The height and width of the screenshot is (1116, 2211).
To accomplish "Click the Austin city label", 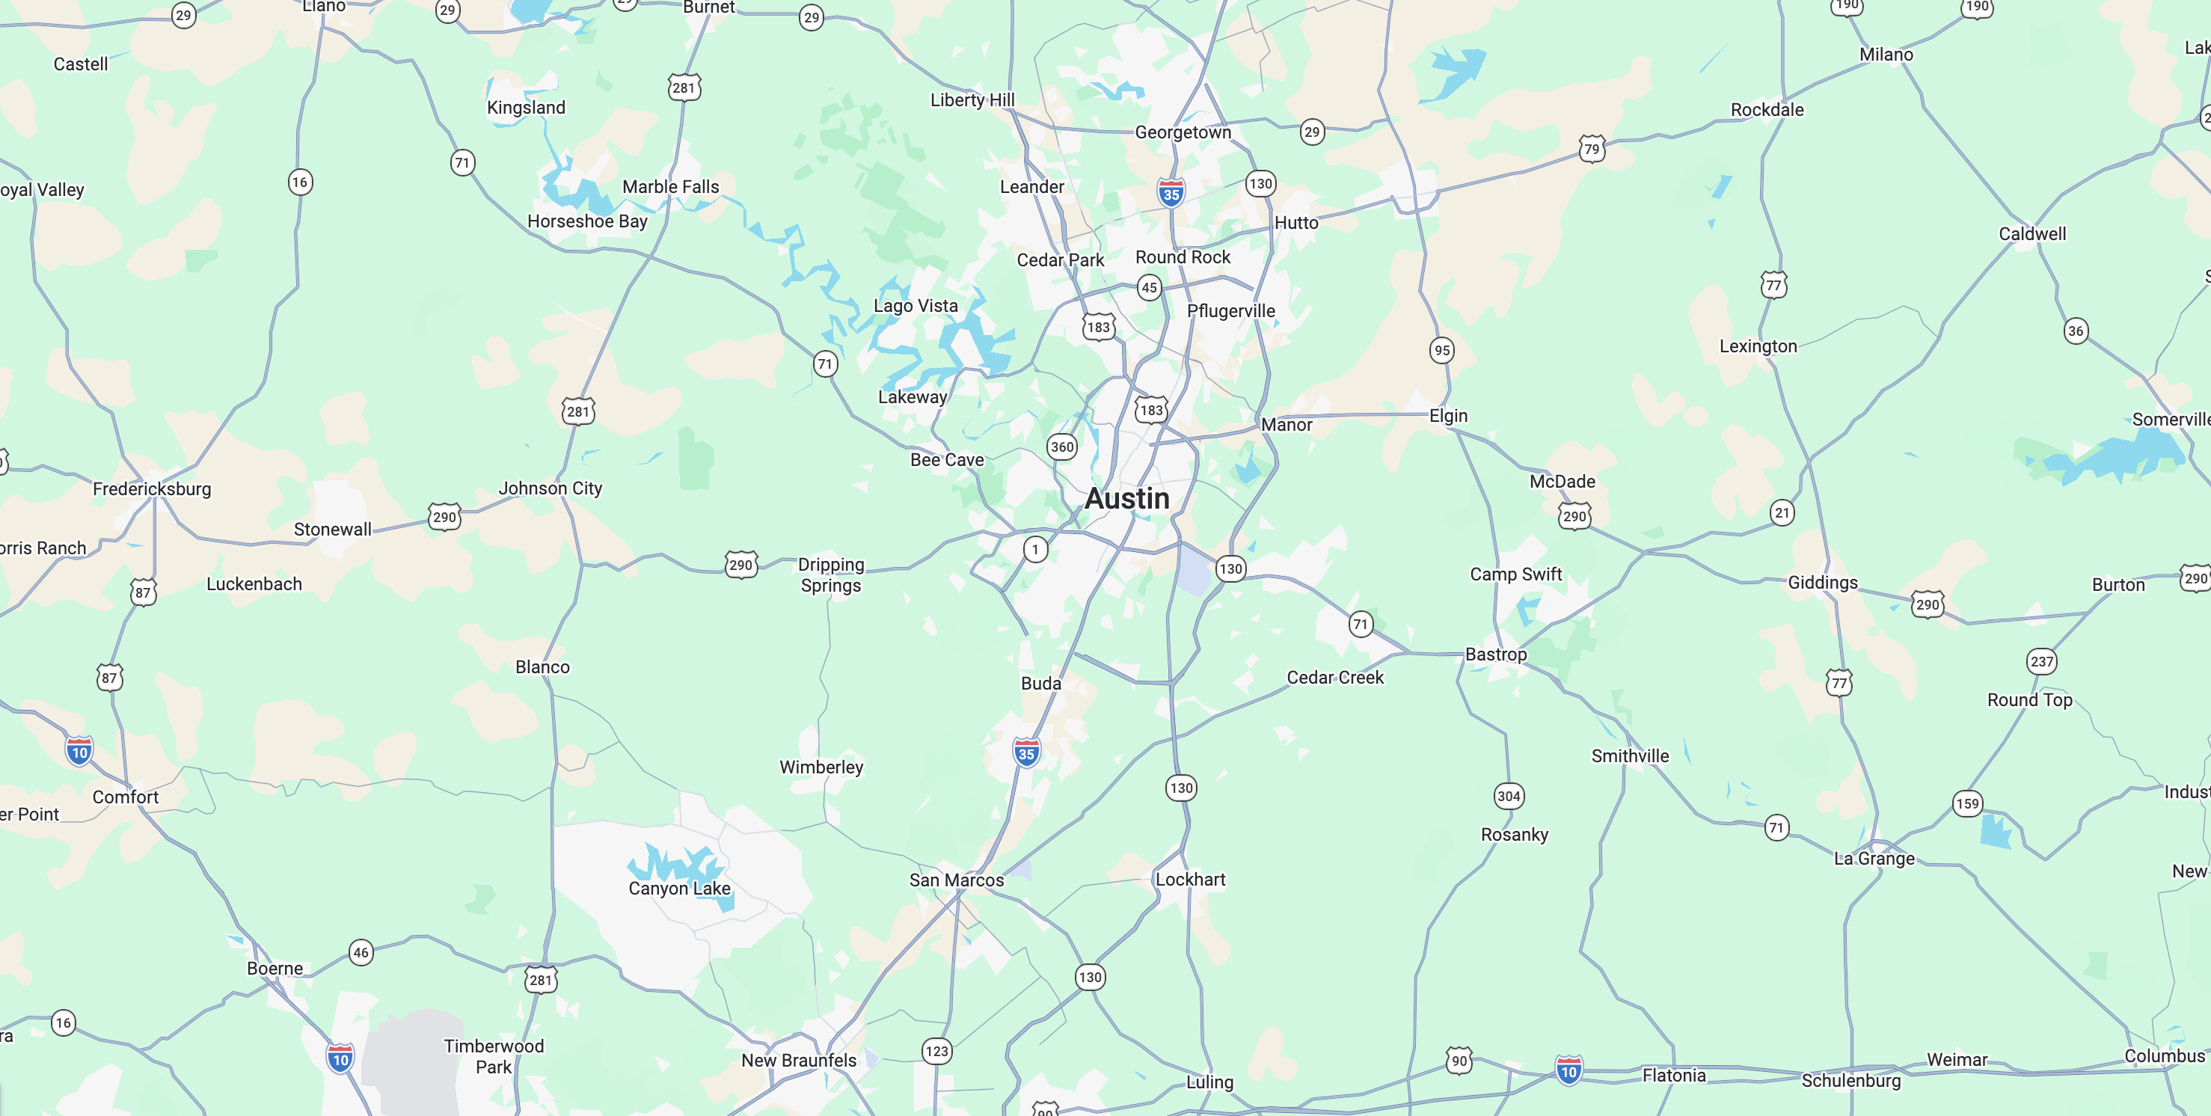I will pyautogui.click(x=1126, y=499).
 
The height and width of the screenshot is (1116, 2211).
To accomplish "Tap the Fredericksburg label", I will pyautogui.click(x=152, y=489).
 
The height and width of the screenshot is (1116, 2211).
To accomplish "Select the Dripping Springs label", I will pyautogui.click(x=831, y=575).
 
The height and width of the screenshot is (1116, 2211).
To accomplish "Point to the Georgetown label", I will pyautogui.click(x=1183, y=132).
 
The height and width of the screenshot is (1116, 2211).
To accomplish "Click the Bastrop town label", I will pyautogui.click(x=1495, y=654).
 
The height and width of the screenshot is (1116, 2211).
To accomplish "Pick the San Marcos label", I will pyautogui.click(x=956, y=880).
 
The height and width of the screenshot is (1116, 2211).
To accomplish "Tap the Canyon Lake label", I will pyautogui.click(x=679, y=889).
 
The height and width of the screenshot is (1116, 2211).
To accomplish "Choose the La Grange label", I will pyautogui.click(x=1874, y=859).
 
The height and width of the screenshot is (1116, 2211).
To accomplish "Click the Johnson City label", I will pyautogui.click(x=551, y=488).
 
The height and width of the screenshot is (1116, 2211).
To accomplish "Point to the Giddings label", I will pyautogui.click(x=1822, y=583).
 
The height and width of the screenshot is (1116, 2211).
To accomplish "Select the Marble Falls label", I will pyautogui.click(x=670, y=187).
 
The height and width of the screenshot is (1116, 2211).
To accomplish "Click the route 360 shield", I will pyautogui.click(x=1061, y=447).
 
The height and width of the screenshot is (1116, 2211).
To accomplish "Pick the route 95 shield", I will pyautogui.click(x=1442, y=350).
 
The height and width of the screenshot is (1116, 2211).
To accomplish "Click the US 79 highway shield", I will pyautogui.click(x=1591, y=149).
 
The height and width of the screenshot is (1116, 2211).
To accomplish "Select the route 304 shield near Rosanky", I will pyautogui.click(x=1508, y=796).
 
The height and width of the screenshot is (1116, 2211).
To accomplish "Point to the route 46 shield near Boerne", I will pyautogui.click(x=361, y=952).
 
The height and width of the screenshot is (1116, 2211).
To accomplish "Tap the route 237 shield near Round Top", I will pyautogui.click(x=2041, y=661).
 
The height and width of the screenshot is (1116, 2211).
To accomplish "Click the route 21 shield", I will pyautogui.click(x=1782, y=512).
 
